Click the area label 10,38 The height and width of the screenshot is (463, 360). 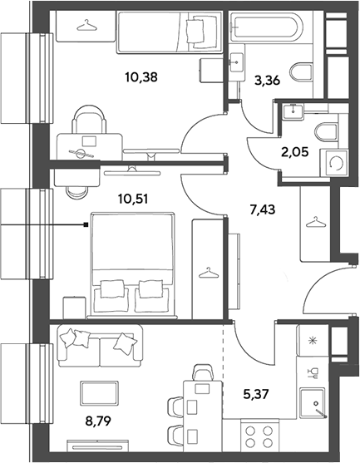tap(141, 77)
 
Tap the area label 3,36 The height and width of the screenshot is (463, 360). tap(267, 81)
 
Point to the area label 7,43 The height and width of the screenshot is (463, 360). tap(263, 210)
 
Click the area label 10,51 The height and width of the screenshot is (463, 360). tap(133, 199)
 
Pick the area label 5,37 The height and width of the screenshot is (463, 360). tap(256, 394)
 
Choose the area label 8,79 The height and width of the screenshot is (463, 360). tap(98, 421)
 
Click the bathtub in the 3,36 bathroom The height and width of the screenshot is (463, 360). tap(266, 27)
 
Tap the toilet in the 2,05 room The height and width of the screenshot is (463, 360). tap(326, 131)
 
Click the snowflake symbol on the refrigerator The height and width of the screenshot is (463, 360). tap(311, 341)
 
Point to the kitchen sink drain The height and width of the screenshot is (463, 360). tap(316, 403)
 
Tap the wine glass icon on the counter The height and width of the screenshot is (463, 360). tap(313, 372)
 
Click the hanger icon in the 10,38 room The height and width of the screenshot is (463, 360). tap(86, 25)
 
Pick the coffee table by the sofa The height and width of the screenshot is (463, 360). tap(100, 392)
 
